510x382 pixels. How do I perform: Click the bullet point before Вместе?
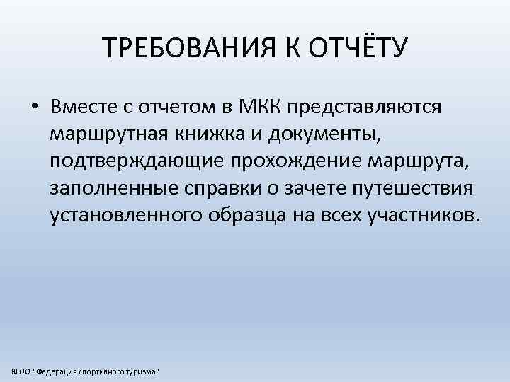coord(34,108)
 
